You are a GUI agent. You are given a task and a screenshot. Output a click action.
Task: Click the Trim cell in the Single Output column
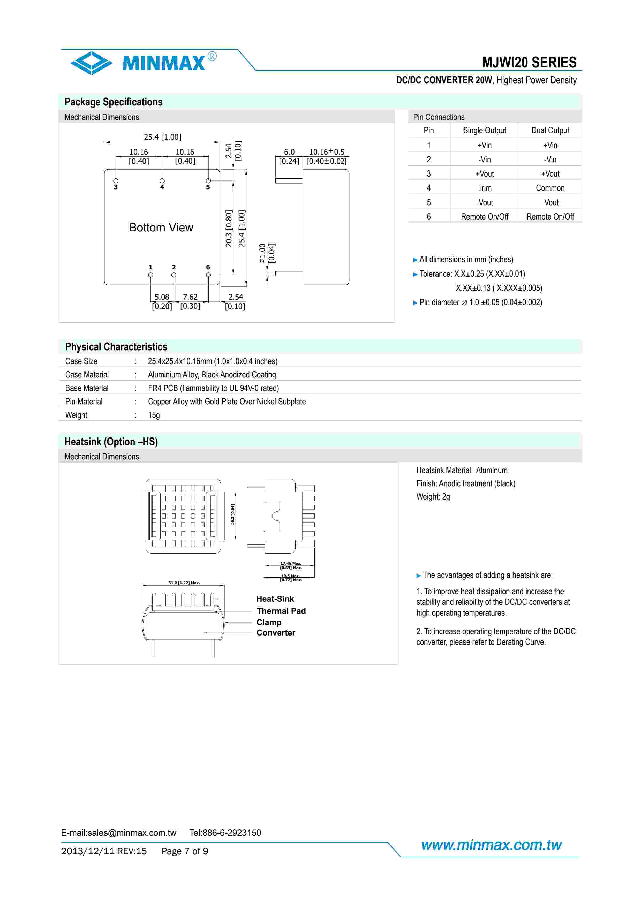point(484,188)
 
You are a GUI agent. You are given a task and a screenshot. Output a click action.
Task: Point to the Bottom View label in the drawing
point(161,228)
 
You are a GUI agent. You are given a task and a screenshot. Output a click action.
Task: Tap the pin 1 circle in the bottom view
point(150,275)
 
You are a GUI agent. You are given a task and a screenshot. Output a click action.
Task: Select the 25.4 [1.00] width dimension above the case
point(162,137)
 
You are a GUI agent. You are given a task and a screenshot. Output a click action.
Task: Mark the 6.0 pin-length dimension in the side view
point(289,152)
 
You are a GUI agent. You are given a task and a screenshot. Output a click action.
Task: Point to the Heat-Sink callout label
point(275,599)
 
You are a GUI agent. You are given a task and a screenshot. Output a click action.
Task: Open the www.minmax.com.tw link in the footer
point(491,845)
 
